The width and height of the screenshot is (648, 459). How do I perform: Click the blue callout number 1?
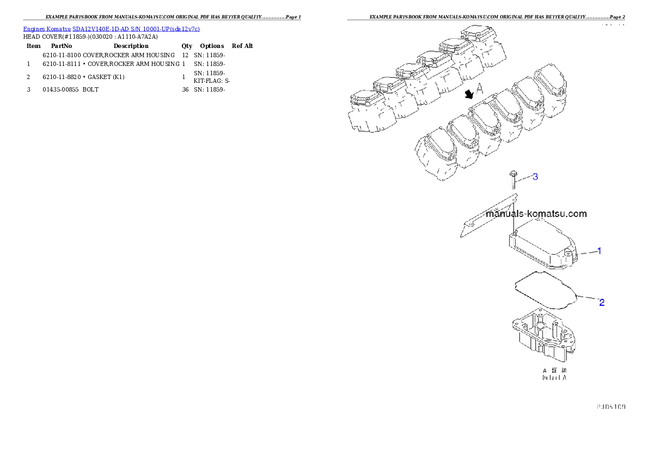click(599, 251)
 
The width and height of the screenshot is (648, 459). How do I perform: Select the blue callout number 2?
click(601, 302)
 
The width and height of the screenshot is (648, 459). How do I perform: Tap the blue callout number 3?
click(535, 177)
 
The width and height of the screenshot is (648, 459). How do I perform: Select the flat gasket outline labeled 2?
click(545, 289)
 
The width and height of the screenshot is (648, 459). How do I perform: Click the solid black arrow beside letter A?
click(468, 95)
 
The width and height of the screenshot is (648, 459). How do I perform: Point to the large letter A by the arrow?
click(480, 89)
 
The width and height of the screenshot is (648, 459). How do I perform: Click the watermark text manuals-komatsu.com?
click(536, 214)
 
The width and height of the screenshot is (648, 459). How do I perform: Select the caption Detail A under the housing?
click(554, 377)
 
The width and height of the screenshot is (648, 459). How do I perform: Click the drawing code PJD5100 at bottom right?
click(610, 406)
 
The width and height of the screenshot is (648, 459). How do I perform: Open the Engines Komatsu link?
click(47, 28)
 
